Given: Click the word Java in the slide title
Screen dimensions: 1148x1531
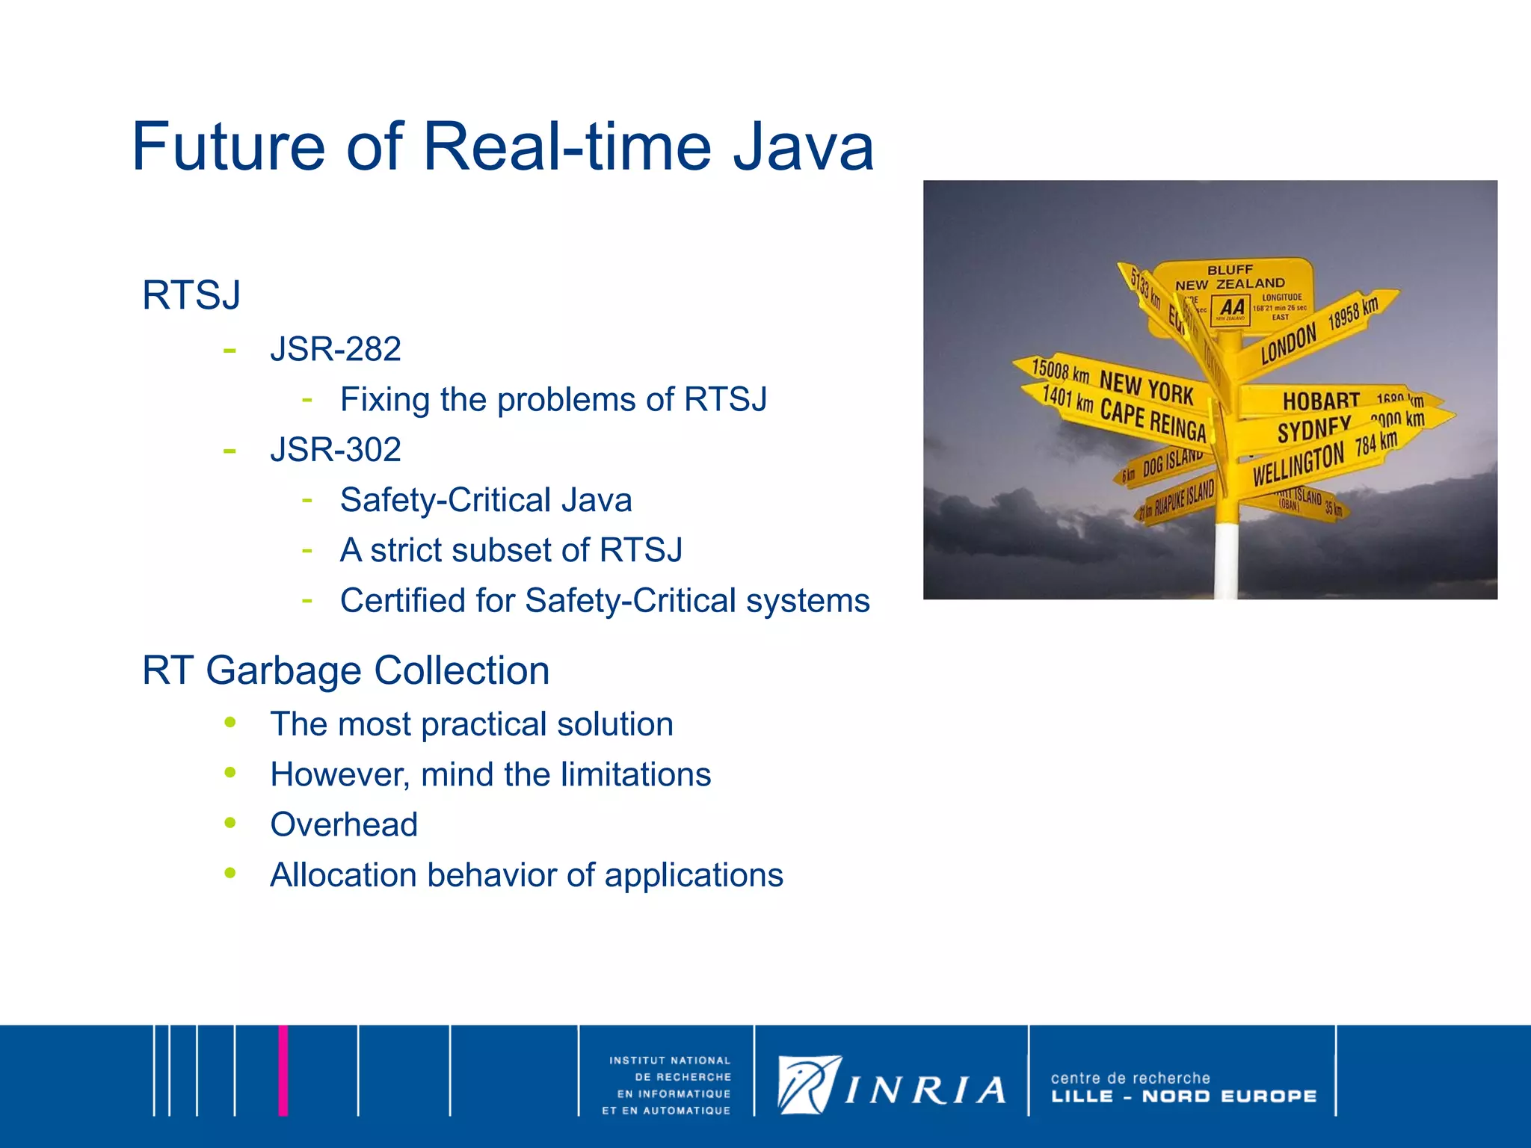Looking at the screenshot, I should click(803, 146).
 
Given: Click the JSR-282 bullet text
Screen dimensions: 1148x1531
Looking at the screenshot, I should click(336, 349).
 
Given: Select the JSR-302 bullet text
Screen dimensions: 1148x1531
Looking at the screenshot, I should click(336, 449).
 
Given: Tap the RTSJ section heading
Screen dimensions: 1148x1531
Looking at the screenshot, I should click(191, 295).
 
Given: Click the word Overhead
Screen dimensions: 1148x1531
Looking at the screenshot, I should click(344, 824).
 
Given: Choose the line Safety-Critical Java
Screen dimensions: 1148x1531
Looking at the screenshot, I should click(486, 500).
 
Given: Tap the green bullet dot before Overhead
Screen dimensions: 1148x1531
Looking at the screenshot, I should click(230, 823).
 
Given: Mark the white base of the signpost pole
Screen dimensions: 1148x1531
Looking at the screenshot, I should click(1226, 561).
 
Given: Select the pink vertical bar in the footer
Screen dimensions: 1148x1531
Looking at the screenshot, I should click(283, 1070).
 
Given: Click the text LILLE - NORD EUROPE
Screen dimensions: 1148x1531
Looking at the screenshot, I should click(1183, 1096).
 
